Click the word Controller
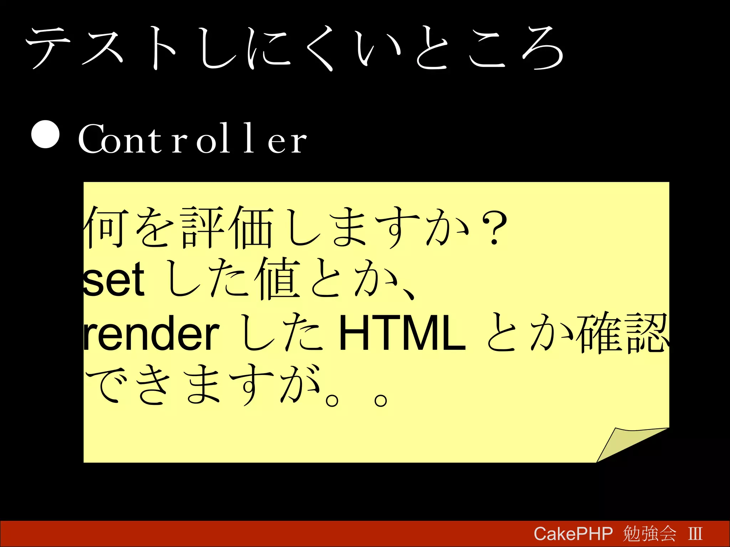(x=192, y=139)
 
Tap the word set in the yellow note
(x=114, y=280)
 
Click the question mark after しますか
(x=494, y=228)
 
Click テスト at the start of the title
(x=102, y=48)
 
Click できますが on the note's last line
(x=203, y=385)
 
